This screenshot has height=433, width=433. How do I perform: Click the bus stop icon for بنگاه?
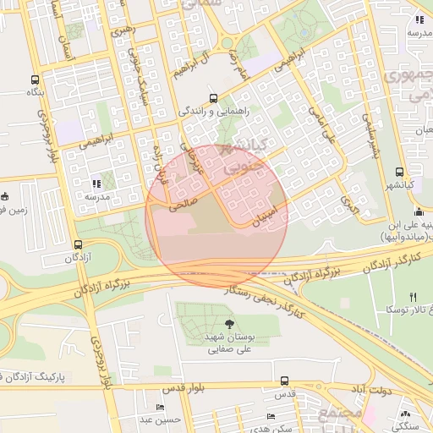pyautogui.click(x=35, y=77)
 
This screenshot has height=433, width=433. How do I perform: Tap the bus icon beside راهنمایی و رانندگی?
pyautogui.click(x=213, y=97)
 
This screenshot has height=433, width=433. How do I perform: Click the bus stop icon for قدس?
pyautogui.click(x=284, y=381)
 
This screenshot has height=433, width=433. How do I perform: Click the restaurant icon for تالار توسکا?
pyautogui.click(x=413, y=297)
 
